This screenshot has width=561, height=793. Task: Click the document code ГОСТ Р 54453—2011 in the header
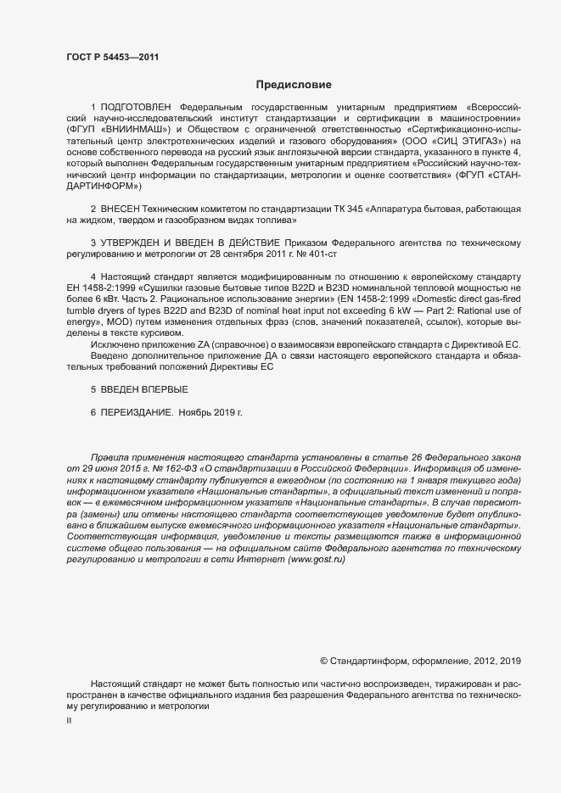[x=111, y=58]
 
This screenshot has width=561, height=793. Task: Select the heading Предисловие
[x=294, y=85]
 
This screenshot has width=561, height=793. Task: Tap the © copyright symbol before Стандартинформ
[x=323, y=660]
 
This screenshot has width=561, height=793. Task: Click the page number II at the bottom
[x=69, y=720]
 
